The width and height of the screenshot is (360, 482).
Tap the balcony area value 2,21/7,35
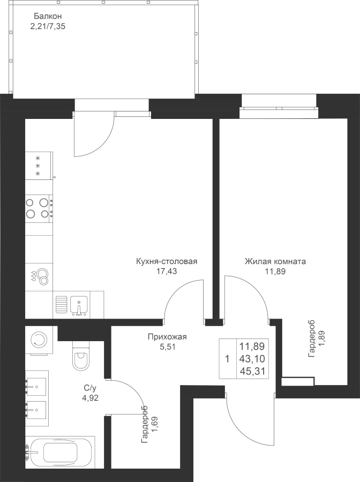(48, 25)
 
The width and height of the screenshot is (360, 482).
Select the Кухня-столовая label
(167, 262)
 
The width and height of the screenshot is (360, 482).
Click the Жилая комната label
(275, 262)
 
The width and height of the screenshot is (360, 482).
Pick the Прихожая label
(167, 337)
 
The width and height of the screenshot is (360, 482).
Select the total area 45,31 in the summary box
(254, 370)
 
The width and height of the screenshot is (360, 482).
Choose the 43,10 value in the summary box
(254, 358)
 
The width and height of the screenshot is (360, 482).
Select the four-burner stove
(39, 208)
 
